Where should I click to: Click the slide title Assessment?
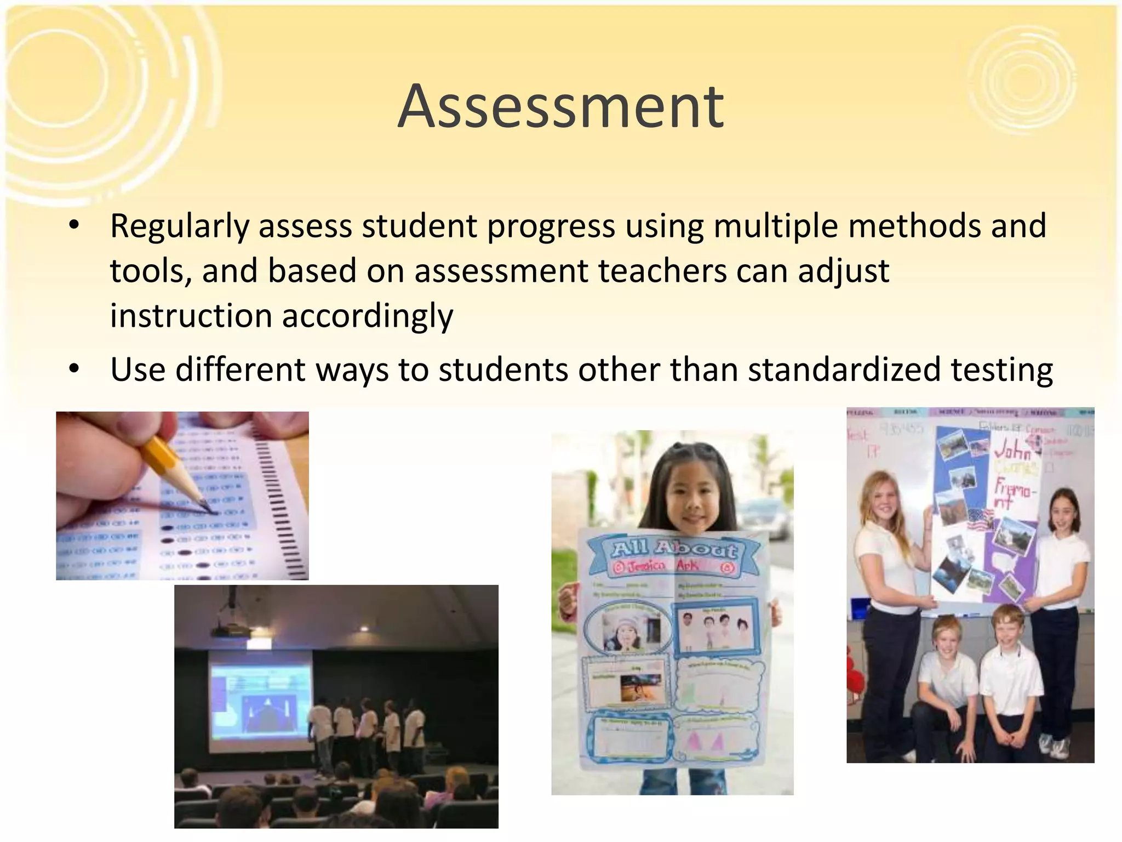tap(561, 106)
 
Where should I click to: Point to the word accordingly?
tap(367, 316)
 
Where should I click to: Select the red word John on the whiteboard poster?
tap(1012, 452)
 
